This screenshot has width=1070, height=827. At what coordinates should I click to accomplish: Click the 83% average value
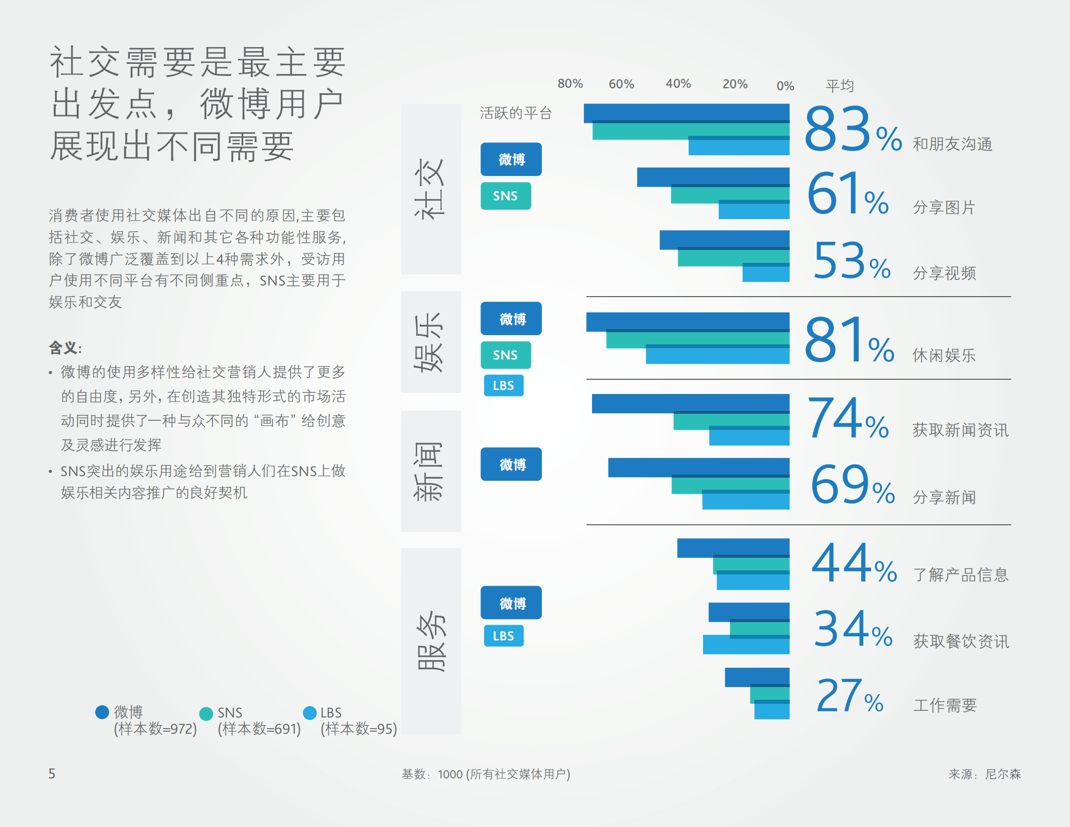tap(853, 130)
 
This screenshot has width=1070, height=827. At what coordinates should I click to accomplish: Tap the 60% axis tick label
tap(621, 84)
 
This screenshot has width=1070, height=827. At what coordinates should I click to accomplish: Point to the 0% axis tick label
tap(785, 86)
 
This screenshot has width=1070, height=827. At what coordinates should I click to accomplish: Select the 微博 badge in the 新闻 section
tap(511, 464)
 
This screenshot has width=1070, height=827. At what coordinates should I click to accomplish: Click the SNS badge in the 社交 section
tap(505, 196)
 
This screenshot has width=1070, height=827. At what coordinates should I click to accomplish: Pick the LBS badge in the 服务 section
tap(503, 636)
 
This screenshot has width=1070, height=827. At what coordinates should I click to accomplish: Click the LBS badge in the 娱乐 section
tap(503, 385)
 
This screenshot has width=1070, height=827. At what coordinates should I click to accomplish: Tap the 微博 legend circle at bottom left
tap(102, 712)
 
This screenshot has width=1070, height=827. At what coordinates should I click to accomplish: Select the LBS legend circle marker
tap(310, 713)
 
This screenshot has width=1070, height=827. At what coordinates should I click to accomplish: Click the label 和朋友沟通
tap(952, 145)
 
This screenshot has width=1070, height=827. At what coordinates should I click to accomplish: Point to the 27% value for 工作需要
tap(850, 697)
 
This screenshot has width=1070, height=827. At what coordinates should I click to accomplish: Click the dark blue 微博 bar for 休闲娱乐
tap(687, 321)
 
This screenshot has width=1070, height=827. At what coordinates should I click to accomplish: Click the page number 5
tap(52, 773)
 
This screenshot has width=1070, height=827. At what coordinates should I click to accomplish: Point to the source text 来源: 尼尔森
tap(984, 774)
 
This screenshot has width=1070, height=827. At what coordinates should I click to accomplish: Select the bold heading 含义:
tap(65, 348)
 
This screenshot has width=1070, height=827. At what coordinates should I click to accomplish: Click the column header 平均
tap(839, 85)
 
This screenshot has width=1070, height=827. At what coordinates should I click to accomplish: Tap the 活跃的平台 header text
tap(515, 113)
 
